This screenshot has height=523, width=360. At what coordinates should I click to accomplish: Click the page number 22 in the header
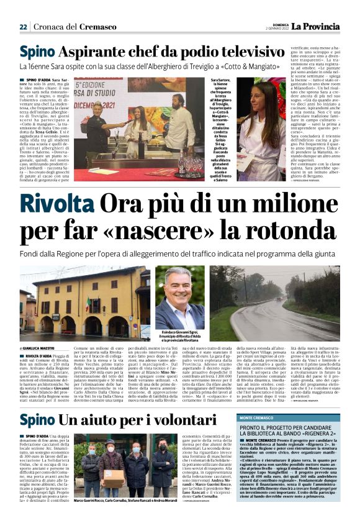(23, 27)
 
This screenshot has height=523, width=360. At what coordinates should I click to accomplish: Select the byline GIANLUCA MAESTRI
(42, 348)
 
